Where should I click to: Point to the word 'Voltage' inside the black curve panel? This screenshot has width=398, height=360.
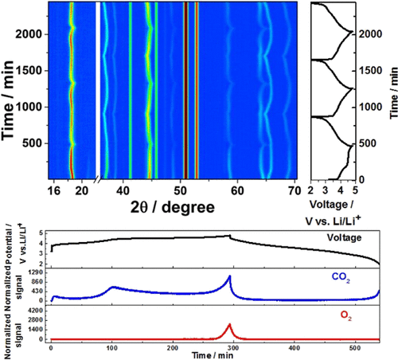point(349,238)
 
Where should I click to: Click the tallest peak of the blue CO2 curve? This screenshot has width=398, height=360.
point(230,276)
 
